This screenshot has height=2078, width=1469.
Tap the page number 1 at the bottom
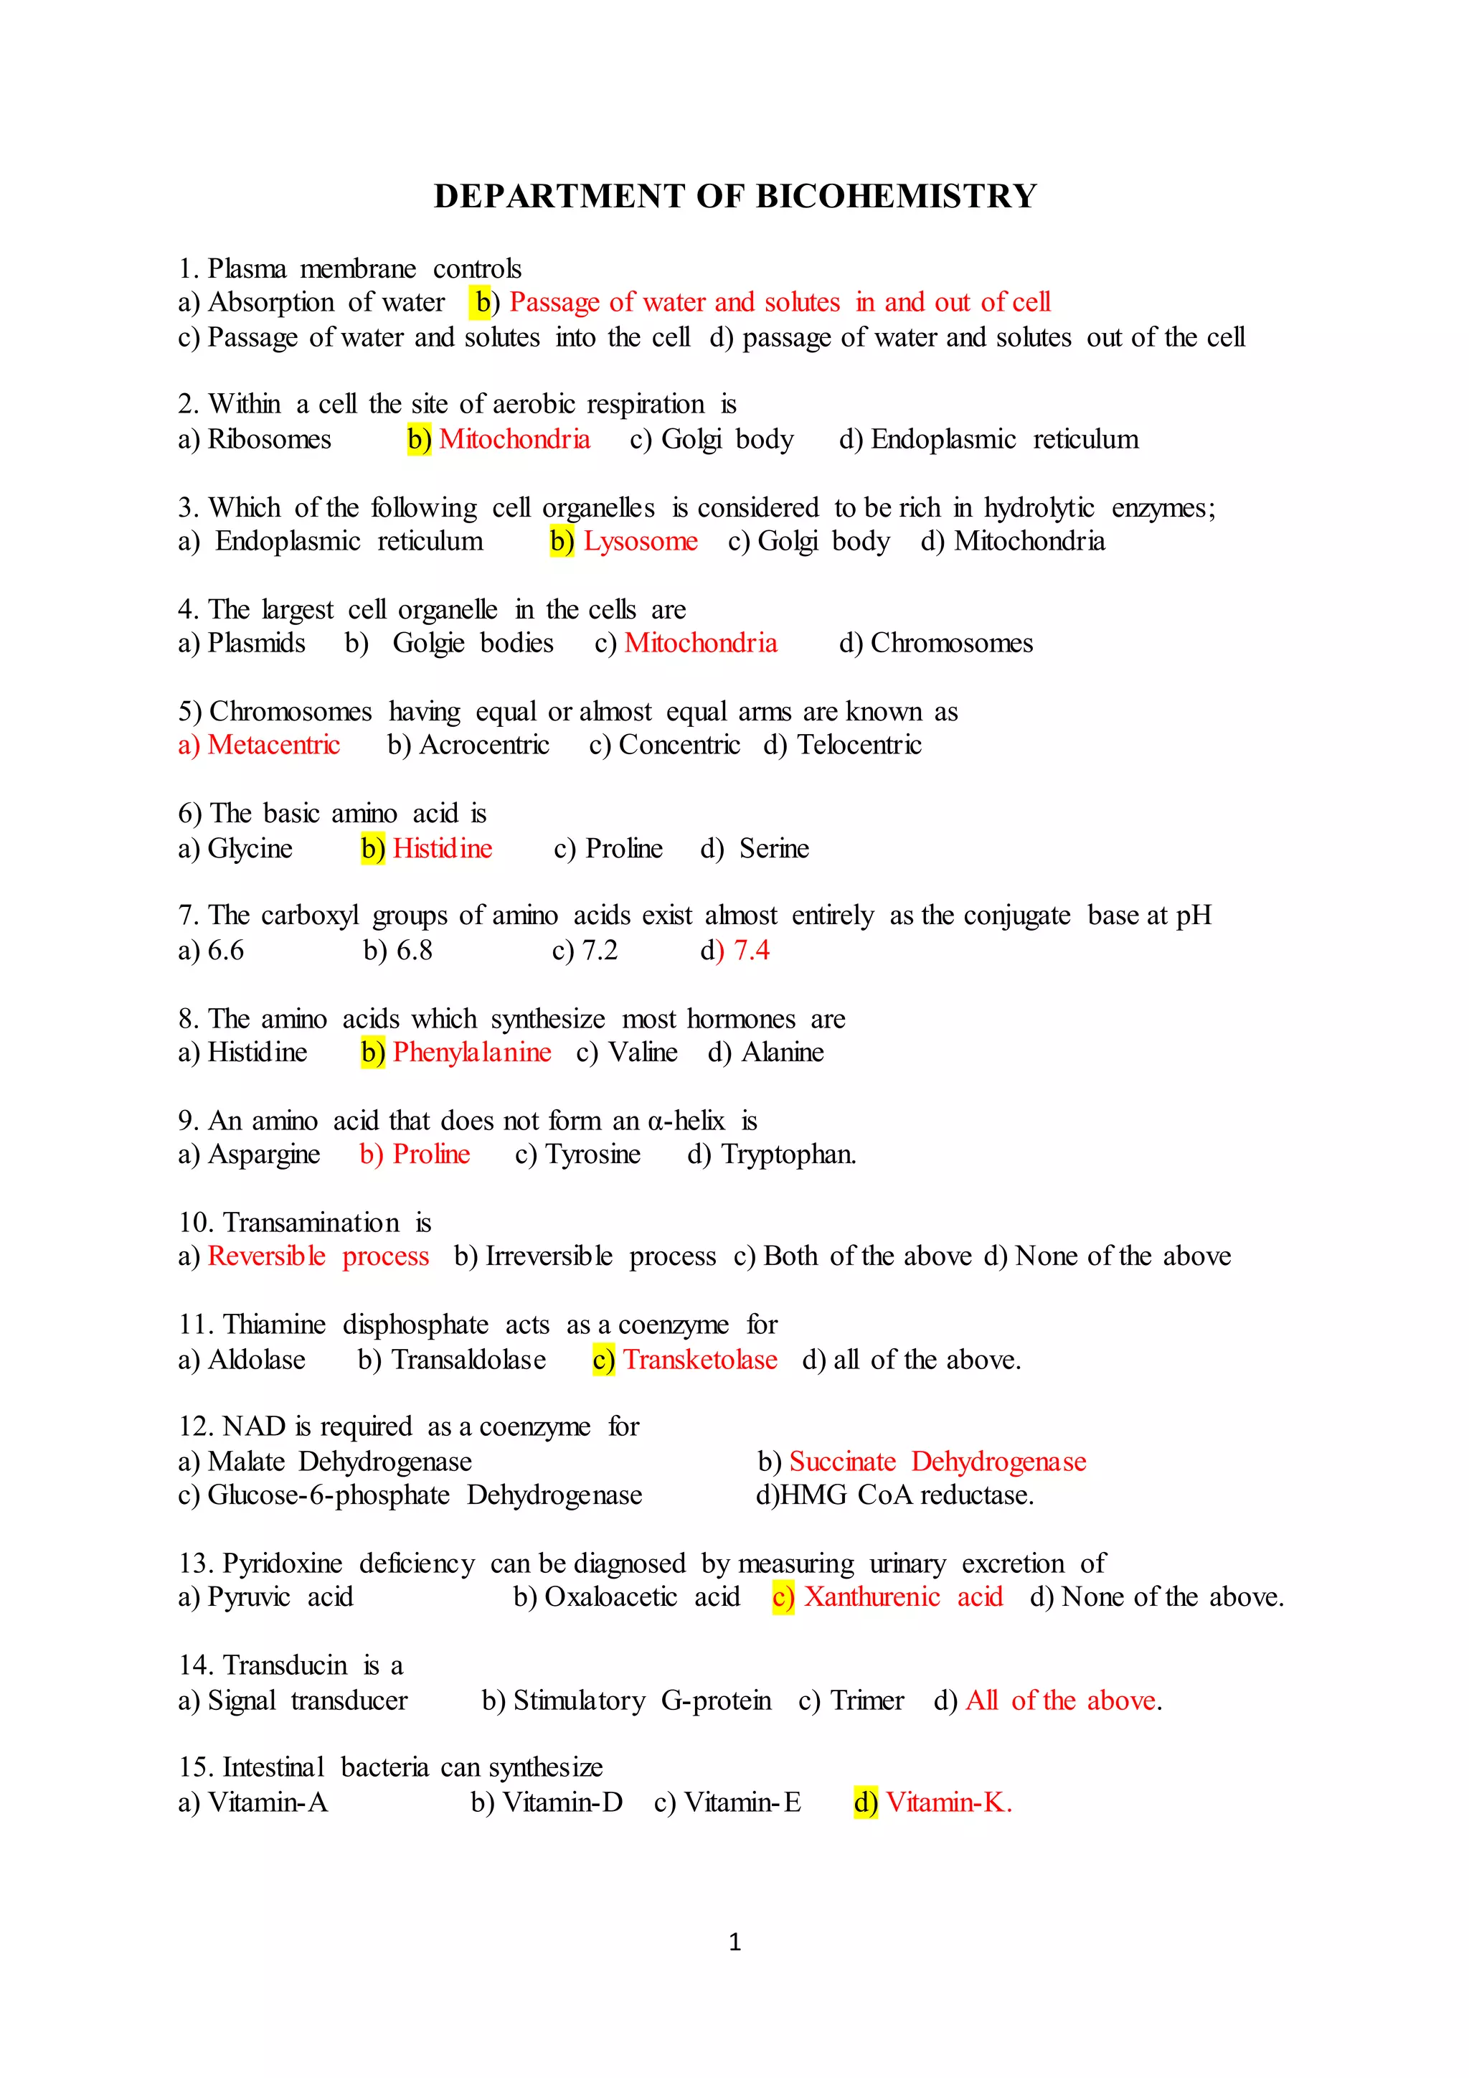pos(734,1942)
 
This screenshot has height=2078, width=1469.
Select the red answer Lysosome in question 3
pos(641,541)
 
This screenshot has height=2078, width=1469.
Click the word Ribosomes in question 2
pos(270,439)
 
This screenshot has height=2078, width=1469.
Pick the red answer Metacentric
pos(273,745)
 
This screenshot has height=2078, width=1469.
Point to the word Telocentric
pos(859,745)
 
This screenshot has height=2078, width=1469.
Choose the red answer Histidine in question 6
pos(443,848)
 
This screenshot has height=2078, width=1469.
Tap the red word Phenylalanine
pos(471,1053)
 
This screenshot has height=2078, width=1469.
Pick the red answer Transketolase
pos(700,1360)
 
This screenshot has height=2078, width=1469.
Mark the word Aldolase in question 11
pos(257,1360)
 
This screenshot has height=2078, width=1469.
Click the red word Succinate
pos(842,1462)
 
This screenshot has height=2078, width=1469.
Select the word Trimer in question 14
pos(866,1701)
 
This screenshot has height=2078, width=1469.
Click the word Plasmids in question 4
pos(257,643)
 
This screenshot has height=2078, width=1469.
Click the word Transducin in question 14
pos(285,1665)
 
